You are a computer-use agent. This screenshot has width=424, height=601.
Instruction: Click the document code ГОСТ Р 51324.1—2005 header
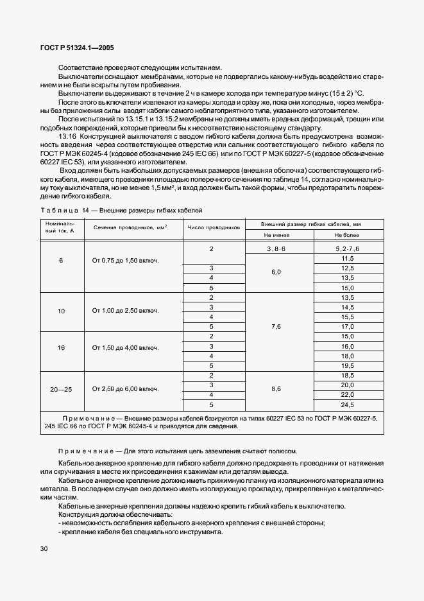[78, 48]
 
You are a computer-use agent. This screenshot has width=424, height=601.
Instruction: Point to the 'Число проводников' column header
[213, 227]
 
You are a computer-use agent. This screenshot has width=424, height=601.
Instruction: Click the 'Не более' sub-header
[348, 236]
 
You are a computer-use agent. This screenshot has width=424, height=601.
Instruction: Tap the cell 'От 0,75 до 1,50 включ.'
[125, 261]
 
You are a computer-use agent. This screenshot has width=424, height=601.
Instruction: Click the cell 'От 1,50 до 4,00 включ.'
[125, 347]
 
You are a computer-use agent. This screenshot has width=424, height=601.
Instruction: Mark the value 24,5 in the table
[348, 405]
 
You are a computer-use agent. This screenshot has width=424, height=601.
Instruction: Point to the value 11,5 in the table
[348, 257]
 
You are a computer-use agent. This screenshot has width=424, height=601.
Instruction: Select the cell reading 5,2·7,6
[348, 248]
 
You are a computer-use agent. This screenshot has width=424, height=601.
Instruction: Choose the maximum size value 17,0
[348, 326]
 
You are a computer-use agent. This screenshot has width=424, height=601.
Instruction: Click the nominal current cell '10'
[62, 311]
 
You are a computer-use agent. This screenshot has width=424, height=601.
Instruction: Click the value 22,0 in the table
[348, 394]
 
